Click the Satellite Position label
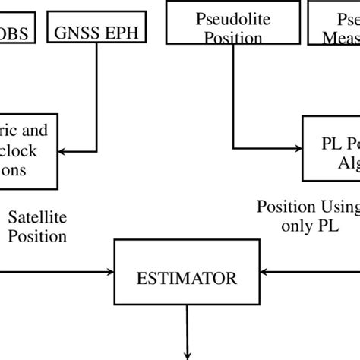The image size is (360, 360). click(36, 226)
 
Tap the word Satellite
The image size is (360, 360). click(36, 218)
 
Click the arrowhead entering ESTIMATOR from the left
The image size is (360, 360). click(110, 270)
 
